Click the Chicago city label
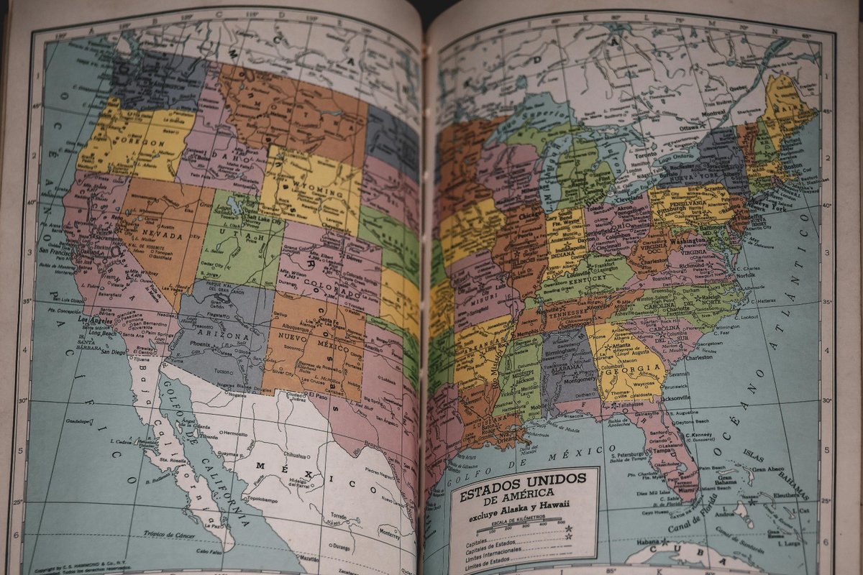(x=530, y=214)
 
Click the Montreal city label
(x=713, y=113)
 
